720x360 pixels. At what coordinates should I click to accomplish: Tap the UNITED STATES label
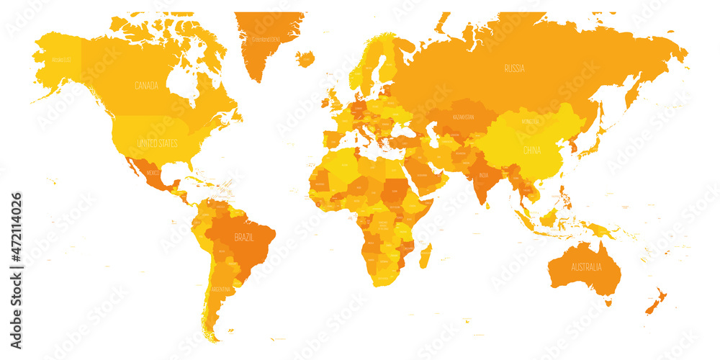tap(157, 143)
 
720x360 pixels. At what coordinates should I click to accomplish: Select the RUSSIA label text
tap(514, 69)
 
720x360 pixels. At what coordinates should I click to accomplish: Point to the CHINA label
tap(531, 150)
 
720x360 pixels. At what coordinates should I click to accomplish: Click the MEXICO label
tap(153, 174)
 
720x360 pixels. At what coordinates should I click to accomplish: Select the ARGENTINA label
tap(221, 289)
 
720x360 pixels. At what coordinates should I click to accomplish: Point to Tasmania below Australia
tap(608, 303)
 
